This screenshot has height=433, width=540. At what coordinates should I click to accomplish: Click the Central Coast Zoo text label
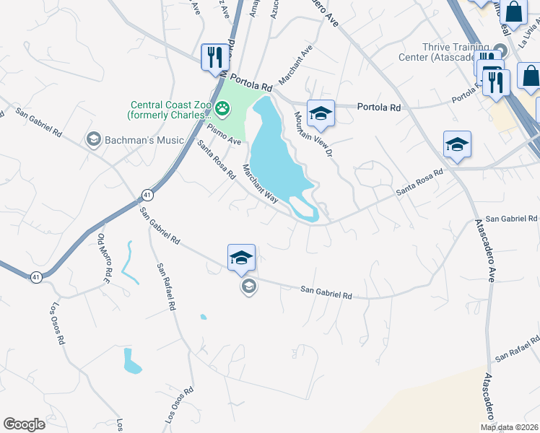click(171, 110)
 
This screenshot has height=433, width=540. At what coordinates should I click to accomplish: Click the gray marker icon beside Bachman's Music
click(92, 138)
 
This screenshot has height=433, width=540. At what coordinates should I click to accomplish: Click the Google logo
click(24, 424)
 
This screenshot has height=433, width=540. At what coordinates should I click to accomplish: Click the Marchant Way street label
click(260, 184)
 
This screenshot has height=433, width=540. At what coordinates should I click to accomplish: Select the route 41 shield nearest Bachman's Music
click(147, 195)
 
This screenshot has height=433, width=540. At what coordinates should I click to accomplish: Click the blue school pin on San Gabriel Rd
click(241, 258)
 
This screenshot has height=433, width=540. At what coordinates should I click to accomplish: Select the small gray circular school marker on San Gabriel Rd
click(248, 287)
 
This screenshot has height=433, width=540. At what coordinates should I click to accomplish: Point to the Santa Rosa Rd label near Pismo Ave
click(217, 159)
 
